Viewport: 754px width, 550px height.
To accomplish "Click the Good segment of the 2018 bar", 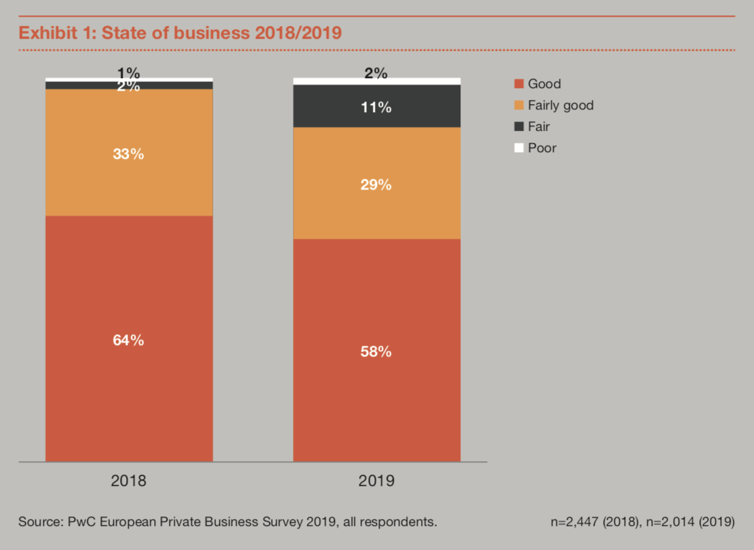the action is [x=129, y=339].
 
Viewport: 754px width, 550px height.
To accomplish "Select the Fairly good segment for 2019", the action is [x=376, y=184].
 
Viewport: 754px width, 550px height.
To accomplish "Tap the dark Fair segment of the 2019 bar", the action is [x=376, y=106].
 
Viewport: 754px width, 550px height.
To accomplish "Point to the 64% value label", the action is [x=128, y=340].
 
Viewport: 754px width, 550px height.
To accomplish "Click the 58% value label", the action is [x=376, y=352].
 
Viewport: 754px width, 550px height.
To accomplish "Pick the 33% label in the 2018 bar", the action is [x=128, y=154].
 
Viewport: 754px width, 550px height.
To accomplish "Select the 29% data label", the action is [x=376, y=185].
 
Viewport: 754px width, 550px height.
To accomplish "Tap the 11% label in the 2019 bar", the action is [x=376, y=107].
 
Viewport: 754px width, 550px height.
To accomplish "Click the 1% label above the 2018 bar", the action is [x=128, y=73].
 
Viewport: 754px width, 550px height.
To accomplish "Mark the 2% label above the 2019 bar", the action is [x=376, y=73].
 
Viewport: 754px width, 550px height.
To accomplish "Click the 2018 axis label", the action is [x=128, y=481].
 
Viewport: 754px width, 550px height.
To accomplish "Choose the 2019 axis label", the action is [x=376, y=481].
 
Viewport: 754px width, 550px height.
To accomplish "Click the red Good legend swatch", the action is [x=519, y=83].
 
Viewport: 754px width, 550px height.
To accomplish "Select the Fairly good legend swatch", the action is [x=519, y=105].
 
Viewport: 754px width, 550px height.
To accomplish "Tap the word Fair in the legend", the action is [x=538, y=127].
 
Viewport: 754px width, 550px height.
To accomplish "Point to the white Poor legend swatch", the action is [x=519, y=148].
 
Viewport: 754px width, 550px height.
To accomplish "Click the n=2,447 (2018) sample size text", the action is [x=595, y=521].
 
